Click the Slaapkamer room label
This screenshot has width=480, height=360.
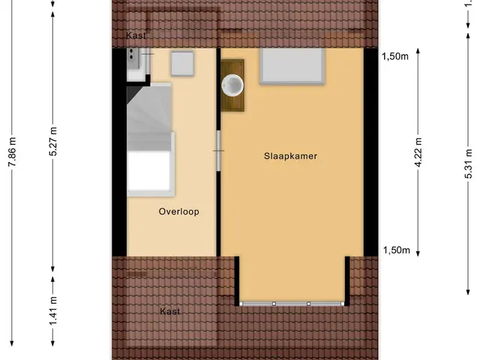click(290, 156)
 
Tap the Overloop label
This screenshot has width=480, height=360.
click(178, 211)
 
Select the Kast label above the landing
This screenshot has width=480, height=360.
click(136, 35)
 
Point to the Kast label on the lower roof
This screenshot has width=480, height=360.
click(170, 311)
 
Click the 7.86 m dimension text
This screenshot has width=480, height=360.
click(12, 152)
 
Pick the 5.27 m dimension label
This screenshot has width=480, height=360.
click(53, 141)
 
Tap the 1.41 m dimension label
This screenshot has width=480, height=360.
click(53, 311)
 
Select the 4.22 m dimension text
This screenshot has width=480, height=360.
click(418, 152)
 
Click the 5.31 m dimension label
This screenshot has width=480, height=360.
click(468, 163)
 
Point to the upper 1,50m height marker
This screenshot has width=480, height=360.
click(395, 56)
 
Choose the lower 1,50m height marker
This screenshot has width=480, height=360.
click(397, 250)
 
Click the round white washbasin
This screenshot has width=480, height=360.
click(232, 85)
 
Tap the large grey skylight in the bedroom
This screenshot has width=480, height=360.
click(292, 66)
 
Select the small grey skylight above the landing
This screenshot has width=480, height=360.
click(182, 64)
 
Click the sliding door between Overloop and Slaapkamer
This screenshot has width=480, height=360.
click(218, 151)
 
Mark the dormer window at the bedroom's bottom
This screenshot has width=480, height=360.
click(292, 304)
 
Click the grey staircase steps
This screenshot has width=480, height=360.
click(149, 116)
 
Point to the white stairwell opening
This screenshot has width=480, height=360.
click(148, 171)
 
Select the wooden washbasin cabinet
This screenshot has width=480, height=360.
click(232, 85)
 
